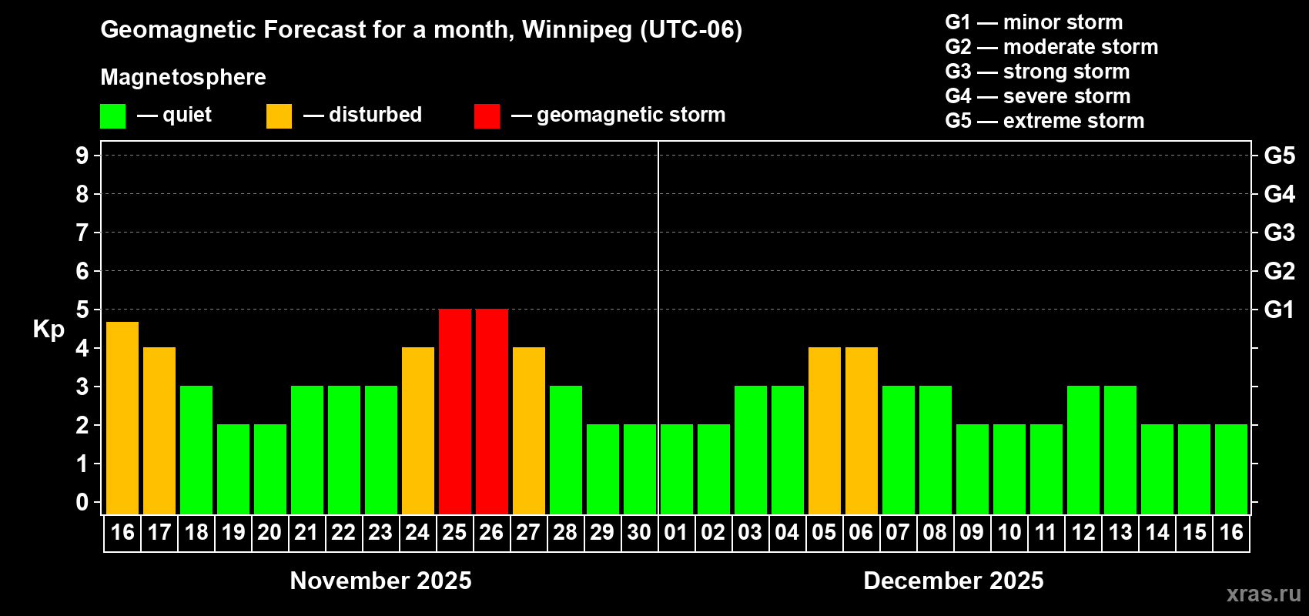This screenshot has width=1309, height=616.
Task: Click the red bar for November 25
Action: pyautogui.click(x=454, y=411)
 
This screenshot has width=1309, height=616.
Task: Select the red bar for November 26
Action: pyautogui.click(x=491, y=411)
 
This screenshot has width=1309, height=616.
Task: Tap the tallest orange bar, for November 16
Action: pyautogui.click(x=122, y=417)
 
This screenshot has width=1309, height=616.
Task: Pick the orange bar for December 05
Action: pyautogui.click(x=824, y=430)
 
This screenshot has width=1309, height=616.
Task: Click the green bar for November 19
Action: pyautogui.click(x=233, y=469)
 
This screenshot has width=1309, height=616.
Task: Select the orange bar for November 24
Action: pyautogui.click(x=417, y=430)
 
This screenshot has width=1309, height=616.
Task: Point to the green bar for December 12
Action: pyautogui.click(x=1083, y=450)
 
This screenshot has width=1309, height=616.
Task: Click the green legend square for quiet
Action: pyautogui.click(x=112, y=116)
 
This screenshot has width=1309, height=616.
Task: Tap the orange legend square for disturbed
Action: pyautogui.click(x=279, y=116)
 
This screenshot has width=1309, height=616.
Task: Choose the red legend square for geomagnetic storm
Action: pyautogui.click(x=487, y=116)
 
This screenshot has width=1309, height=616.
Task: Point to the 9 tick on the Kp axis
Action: pyautogui.click(x=82, y=156)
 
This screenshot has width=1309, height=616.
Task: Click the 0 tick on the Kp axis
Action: pyautogui.click(x=82, y=502)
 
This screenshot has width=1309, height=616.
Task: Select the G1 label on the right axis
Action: pyautogui.click(x=1279, y=310)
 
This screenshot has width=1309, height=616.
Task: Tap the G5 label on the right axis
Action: pyautogui.click(x=1279, y=156)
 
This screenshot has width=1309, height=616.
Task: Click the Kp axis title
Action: pyautogui.click(x=49, y=329)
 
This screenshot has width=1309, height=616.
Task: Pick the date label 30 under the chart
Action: pyautogui.click(x=639, y=532)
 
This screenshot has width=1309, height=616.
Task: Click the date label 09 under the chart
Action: pyautogui.click(x=972, y=532)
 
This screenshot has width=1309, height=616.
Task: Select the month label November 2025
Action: pyautogui.click(x=380, y=581)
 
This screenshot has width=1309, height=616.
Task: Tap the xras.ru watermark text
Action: pyautogui.click(x=1263, y=594)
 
